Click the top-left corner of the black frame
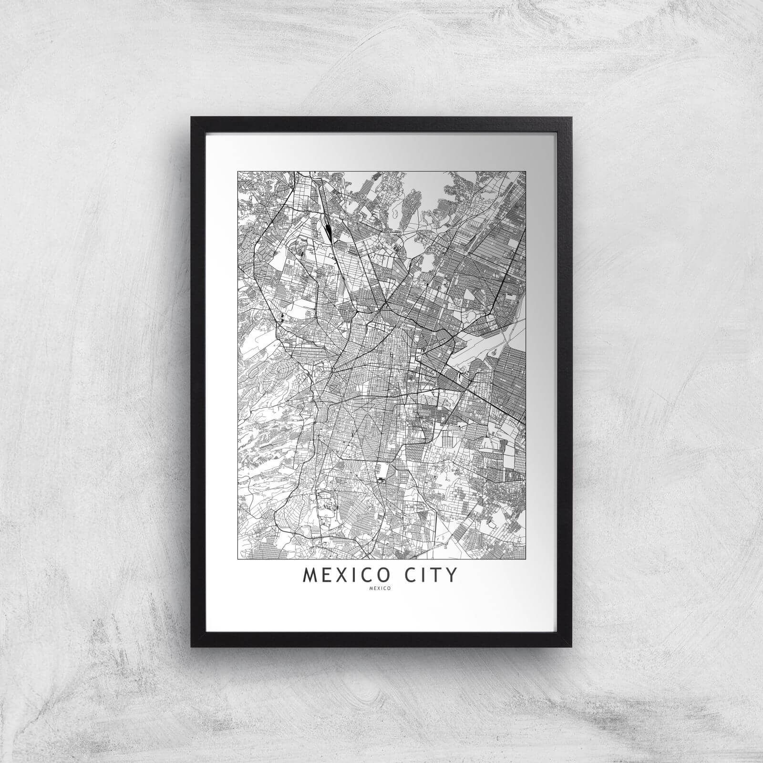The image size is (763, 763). (192, 117)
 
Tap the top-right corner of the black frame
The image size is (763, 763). (571, 117)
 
